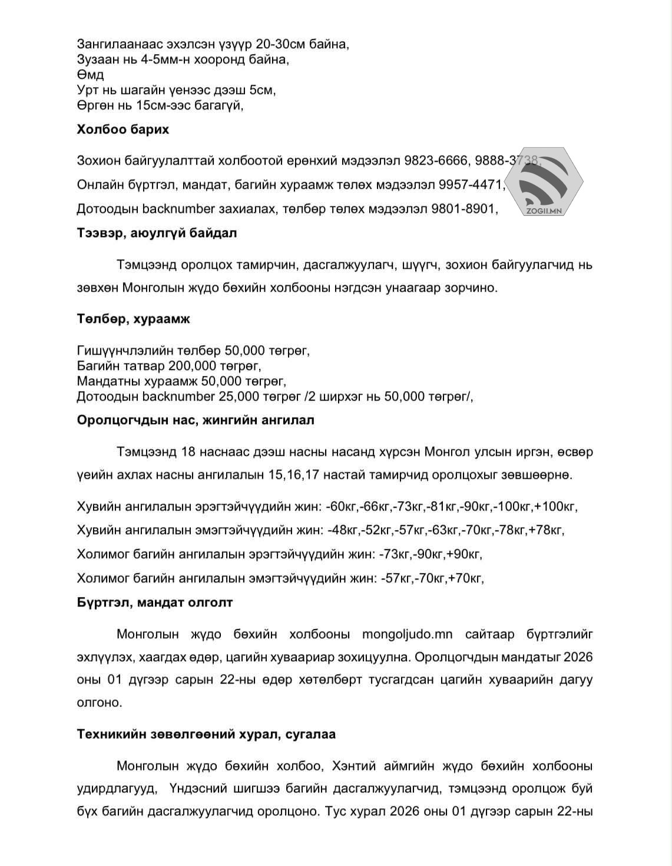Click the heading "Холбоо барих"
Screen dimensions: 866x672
tap(123, 129)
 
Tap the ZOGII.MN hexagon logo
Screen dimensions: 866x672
tap(543, 181)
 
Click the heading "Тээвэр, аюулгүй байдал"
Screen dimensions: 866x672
tap(157, 233)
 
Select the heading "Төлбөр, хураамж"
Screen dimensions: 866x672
tap(133, 319)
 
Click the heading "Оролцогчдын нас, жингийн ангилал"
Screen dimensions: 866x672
tap(195, 420)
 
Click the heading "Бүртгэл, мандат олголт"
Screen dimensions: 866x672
tap(154, 602)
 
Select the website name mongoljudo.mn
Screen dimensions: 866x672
tap(407, 634)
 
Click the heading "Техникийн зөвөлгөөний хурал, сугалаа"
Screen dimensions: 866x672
tap(206, 734)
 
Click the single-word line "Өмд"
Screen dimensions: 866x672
tap(90, 75)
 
